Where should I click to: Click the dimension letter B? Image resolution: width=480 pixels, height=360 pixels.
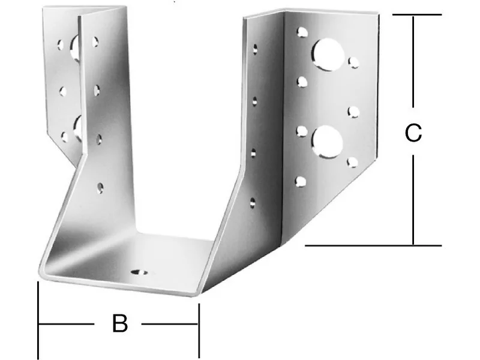click(x=119, y=323)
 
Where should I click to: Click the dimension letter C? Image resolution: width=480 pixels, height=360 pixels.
click(x=413, y=132)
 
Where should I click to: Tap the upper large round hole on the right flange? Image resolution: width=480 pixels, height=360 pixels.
click(x=327, y=55)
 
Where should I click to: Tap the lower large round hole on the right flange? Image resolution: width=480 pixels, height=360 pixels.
click(x=327, y=142)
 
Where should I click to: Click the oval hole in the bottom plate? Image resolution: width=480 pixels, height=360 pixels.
click(x=139, y=272)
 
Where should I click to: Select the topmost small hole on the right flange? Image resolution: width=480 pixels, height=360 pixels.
click(x=302, y=32)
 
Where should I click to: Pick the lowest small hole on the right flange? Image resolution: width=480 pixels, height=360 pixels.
click(x=301, y=182)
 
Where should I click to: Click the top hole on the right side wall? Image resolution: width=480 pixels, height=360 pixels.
click(x=254, y=50)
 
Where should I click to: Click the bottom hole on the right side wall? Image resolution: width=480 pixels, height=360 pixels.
click(x=253, y=203)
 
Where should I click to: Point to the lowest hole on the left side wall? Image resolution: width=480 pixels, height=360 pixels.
click(x=100, y=188)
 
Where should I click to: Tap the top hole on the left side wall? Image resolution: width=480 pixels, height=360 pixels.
click(x=95, y=42)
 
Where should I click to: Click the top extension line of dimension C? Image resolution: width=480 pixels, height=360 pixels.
click(x=417, y=14)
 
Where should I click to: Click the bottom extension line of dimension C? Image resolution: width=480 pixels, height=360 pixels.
click(x=373, y=245)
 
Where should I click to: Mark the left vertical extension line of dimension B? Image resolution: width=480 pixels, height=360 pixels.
click(x=38, y=320)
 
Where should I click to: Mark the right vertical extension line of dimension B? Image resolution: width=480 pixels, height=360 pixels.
click(x=199, y=331)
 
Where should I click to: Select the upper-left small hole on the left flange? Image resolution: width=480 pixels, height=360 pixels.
click(x=61, y=44)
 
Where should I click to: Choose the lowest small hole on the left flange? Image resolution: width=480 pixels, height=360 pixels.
click(x=65, y=137)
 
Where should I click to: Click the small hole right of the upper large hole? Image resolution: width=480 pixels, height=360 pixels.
click(x=353, y=62)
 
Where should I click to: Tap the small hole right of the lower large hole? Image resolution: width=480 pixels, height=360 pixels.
click(x=353, y=162)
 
